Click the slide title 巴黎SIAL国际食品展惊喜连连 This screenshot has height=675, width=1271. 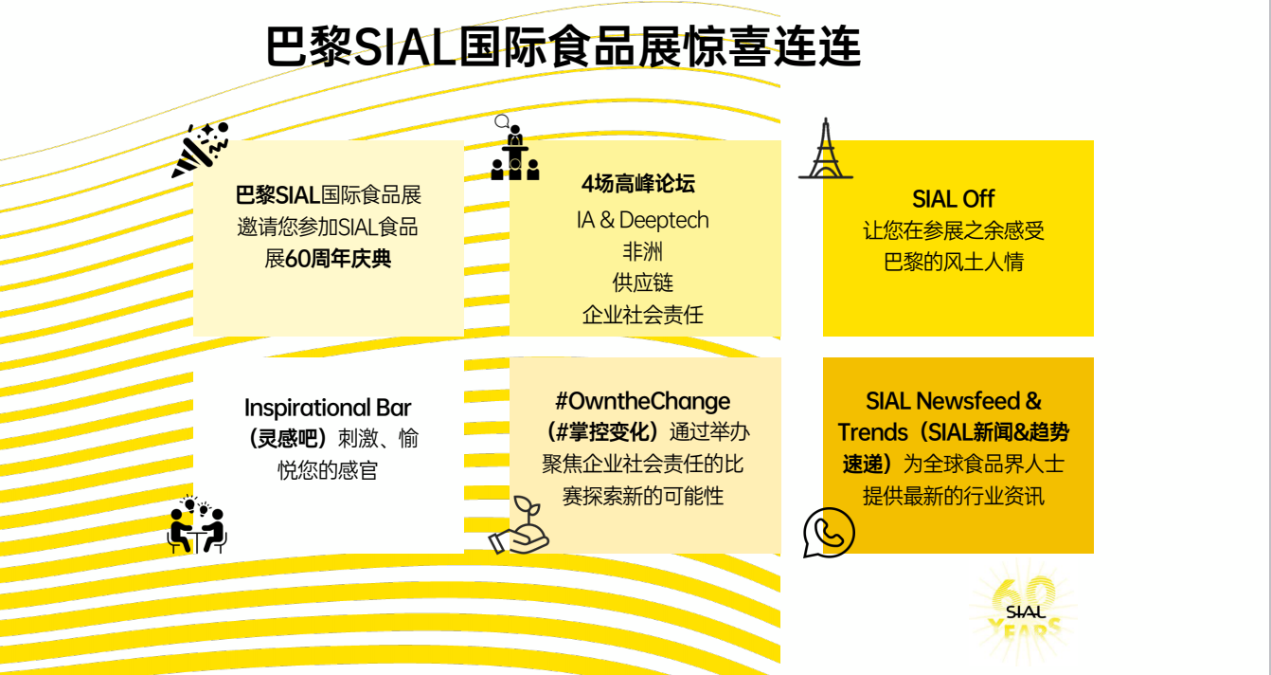[x=564, y=46]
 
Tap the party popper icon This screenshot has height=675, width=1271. [x=200, y=150]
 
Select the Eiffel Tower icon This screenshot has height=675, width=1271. [x=826, y=148]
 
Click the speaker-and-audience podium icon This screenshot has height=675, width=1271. [x=514, y=148]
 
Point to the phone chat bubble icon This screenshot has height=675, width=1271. [x=829, y=533]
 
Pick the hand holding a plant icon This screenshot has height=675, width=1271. [x=519, y=524]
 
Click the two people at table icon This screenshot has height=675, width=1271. [x=197, y=525]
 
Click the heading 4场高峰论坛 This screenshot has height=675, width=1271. [x=638, y=184]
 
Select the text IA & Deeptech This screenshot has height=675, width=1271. [x=643, y=220]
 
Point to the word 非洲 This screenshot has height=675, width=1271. [x=643, y=251]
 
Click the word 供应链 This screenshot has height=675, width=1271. [x=643, y=283]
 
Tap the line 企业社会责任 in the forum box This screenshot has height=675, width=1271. [x=643, y=314]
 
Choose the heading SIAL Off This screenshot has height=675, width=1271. [x=953, y=199]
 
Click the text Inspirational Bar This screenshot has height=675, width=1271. [x=328, y=408]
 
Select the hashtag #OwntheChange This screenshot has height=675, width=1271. [x=643, y=401]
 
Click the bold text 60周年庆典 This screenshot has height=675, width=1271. [x=338, y=259]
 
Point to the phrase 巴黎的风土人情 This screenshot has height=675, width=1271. [x=954, y=262]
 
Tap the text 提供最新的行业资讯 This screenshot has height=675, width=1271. [x=954, y=496]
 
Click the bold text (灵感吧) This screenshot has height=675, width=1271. [x=288, y=439]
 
